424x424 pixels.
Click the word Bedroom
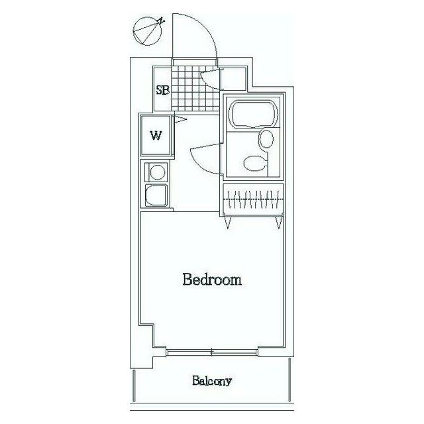click(212, 280)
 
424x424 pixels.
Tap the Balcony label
click(212, 382)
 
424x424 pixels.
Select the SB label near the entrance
click(162, 90)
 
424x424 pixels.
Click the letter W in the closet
click(156, 135)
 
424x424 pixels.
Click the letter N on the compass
click(162, 21)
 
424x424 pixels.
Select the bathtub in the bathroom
click(253, 114)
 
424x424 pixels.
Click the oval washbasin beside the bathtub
click(266, 139)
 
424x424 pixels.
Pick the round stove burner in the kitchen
click(158, 172)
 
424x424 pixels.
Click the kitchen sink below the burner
click(156, 195)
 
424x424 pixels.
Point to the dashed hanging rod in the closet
click(253, 199)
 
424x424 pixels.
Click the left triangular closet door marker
click(228, 222)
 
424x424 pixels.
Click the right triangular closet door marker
click(279, 222)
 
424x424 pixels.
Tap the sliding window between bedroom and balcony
click(211, 352)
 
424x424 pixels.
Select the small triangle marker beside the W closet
click(181, 119)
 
